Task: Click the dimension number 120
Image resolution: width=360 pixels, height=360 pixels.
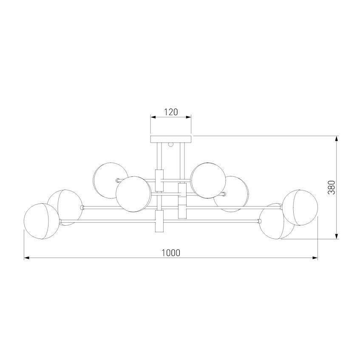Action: coord(171,112)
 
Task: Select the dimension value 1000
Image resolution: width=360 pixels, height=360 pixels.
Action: coord(171,253)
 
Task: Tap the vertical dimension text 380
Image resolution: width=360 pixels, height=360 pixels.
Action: coord(331,187)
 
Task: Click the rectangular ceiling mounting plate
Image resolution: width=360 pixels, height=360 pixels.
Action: coord(171,139)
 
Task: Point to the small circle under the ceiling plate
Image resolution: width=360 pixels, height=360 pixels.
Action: coord(171,145)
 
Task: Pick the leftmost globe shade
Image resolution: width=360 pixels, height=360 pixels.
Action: coord(42,221)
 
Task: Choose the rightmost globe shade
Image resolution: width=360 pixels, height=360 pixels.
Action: coord(300,207)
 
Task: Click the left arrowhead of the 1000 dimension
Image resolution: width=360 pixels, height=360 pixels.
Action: coord(27,258)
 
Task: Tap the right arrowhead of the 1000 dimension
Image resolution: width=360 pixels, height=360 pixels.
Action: coord(315,258)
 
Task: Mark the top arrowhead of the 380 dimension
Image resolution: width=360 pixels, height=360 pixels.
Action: coord(336,139)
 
